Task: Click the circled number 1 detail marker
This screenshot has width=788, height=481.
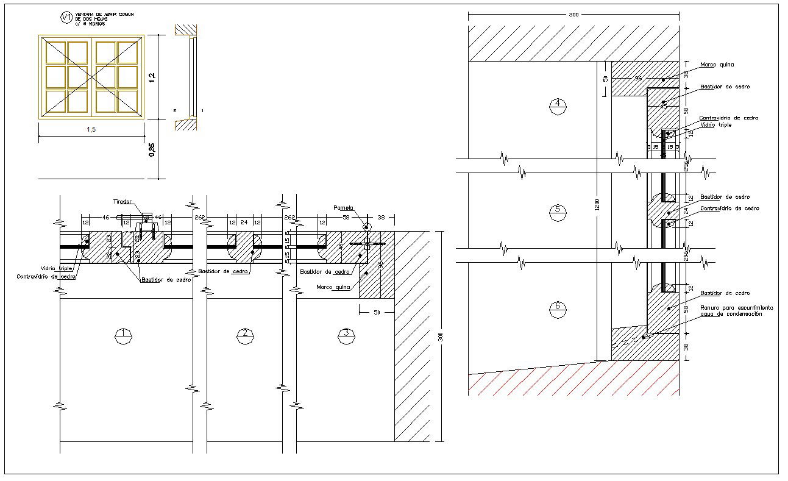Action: (124, 333)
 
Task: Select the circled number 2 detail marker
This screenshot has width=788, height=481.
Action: (245, 333)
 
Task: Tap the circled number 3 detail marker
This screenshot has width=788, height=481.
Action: (346, 333)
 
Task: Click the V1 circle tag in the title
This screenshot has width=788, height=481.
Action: (66, 18)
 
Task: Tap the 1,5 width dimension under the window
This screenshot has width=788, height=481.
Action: (91, 130)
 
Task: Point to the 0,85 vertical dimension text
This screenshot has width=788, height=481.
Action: (152, 149)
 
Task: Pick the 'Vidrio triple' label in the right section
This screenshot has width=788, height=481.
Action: (715, 124)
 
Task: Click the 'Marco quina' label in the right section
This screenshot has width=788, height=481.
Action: (717, 64)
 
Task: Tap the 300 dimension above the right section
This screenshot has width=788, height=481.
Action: (573, 14)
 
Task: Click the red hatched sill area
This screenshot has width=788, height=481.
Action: (573, 381)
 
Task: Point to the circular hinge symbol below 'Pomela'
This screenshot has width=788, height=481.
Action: (366, 227)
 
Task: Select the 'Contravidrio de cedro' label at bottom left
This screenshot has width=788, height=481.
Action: (46, 277)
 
